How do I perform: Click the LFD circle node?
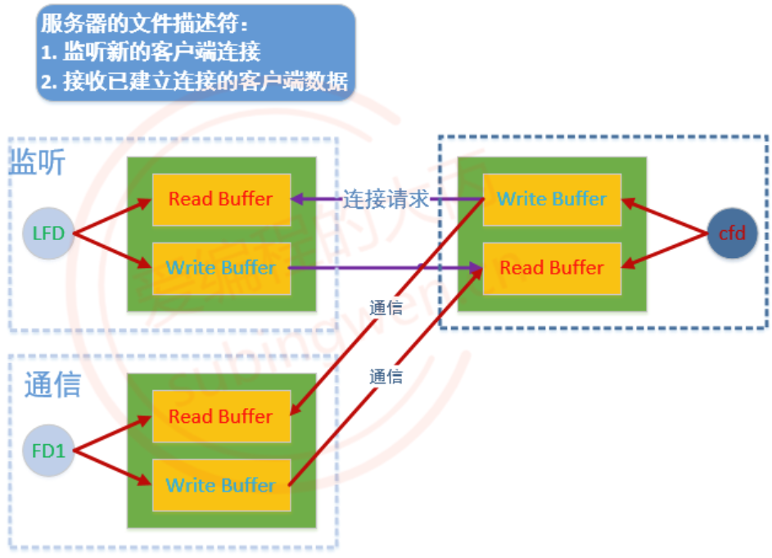click(48, 234)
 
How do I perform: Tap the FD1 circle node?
click(48, 451)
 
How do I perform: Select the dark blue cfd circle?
click(732, 234)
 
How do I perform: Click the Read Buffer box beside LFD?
click(222, 200)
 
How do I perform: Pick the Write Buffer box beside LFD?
click(222, 269)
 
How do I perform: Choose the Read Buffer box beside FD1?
click(222, 416)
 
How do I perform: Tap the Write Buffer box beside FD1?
click(222, 486)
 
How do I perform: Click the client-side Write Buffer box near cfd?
click(552, 200)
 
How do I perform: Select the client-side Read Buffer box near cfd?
click(552, 269)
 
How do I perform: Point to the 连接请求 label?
click(386, 199)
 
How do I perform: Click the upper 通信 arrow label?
click(386, 308)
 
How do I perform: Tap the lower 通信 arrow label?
click(386, 377)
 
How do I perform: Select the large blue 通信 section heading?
click(52, 384)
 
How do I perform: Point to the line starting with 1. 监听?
click(150, 52)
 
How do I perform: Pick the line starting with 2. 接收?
click(194, 81)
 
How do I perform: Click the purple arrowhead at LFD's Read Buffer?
click(296, 199)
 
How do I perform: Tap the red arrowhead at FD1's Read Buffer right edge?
click(296, 409)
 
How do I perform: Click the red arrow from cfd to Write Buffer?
click(665, 215)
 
